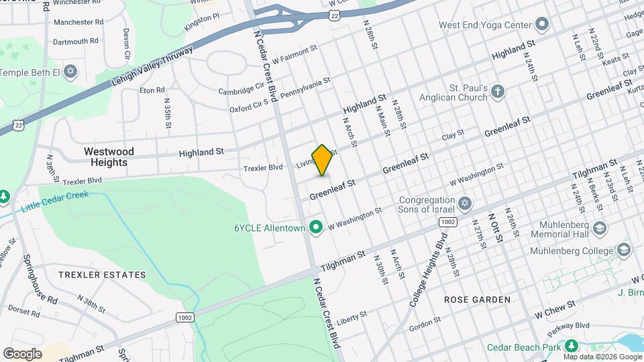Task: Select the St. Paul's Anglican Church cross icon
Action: click(497, 92)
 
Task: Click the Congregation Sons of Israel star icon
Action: click(464, 203)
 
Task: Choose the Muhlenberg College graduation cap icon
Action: click(625, 251)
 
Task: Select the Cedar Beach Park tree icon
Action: click(571, 346)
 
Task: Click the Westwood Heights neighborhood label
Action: click(109, 157)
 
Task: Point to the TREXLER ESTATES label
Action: click(101, 275)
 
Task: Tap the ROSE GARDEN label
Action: click(477, 300)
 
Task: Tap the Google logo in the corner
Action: click(22, 353)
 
